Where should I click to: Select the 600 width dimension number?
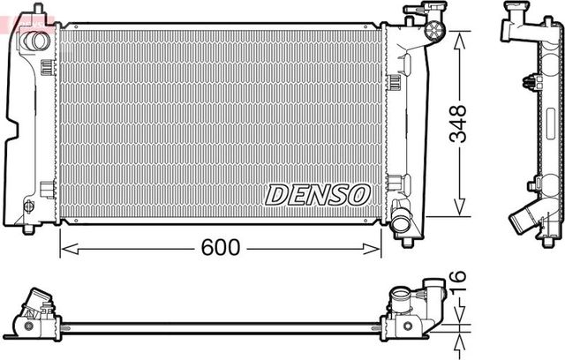(x=221, y=248)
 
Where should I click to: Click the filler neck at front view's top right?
(x=432, y=26)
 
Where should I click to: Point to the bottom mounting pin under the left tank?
(x=28, y=229)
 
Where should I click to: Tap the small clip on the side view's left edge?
(x=530, y=85)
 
